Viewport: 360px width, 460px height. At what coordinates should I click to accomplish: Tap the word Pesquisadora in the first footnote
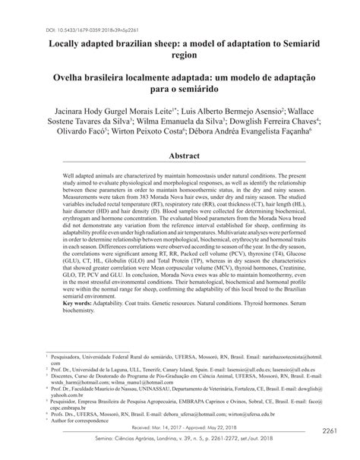[72, 355]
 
